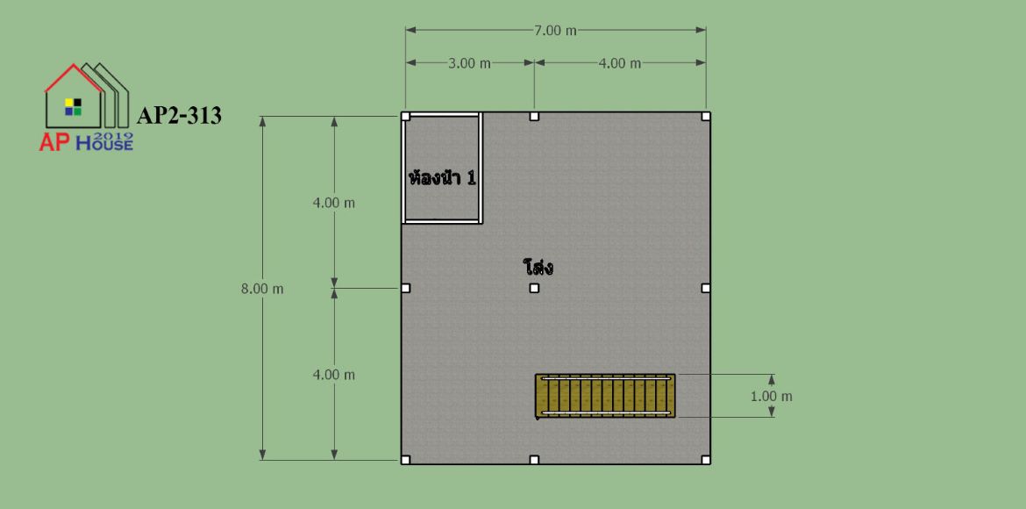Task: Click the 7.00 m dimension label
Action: [x=556, y=30]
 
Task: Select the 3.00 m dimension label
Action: [x=469, y=63]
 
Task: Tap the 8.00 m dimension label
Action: [x=262, y=289]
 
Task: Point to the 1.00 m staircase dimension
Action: [x=772, y=397]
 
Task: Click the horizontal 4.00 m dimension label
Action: [x=620, y=63]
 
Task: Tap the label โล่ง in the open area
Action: [x=538, y=268]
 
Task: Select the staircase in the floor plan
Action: [x=604, y=396]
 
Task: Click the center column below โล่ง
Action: [x=534, y=288]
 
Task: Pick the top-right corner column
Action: [x=705, y=117]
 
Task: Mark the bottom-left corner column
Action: [x=406, y=460]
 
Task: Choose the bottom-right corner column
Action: [x=705, y=460]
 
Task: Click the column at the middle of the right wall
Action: [x=705, y=288]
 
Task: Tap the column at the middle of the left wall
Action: [x=406, y=288]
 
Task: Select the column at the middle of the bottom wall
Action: [x=534, y=460]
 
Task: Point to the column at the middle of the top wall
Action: [x=534, y=117]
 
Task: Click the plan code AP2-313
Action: [x=179, y=116]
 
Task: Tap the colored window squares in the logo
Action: [x=74, y=107]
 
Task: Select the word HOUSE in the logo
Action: [x=104, y=144]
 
